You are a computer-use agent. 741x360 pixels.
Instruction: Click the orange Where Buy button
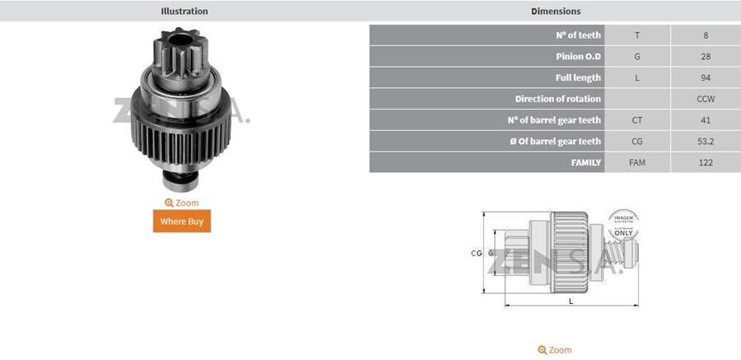tap(182, 222)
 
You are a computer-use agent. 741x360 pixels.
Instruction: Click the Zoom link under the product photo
tap(182, 203)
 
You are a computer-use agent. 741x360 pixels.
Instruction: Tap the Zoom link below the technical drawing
tap(555, 350)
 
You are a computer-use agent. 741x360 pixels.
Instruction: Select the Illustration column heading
tap(184, 12)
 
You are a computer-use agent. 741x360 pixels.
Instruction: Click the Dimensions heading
tap(555, 12)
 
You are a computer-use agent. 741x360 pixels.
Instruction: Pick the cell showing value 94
tap(706, 77)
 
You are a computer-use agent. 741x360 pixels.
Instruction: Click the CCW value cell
tap(706, 99)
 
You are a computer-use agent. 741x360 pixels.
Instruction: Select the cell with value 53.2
tap(706, 142)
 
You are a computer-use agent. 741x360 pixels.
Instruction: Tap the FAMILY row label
tap(585, 163)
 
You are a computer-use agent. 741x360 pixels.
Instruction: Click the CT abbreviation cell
tap(637, 120)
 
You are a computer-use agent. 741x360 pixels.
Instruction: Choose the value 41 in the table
tap(706, 120)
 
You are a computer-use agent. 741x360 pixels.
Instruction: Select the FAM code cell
tap(637, 163)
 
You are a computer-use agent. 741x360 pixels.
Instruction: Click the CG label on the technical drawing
tap(476, 254)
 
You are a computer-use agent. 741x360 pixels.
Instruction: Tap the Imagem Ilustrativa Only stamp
tap(623, 225)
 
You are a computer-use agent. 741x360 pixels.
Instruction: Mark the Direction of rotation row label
tap(557, 99)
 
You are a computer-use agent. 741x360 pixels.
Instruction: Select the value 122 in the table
tap(706, 163)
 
